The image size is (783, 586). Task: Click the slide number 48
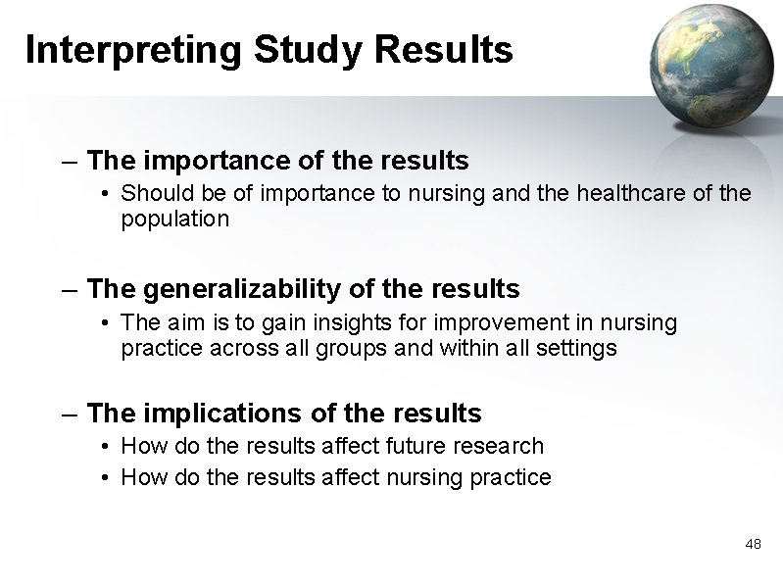tap(753, 543)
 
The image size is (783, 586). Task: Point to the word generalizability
tap(250, 289)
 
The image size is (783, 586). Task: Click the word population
tap(174, 220)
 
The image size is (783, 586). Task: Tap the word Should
tap(151, 194)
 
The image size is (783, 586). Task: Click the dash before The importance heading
tap(70, 159)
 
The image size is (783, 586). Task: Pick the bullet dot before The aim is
tap(106, 322)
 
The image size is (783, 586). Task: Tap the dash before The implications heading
tap(70, 414)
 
